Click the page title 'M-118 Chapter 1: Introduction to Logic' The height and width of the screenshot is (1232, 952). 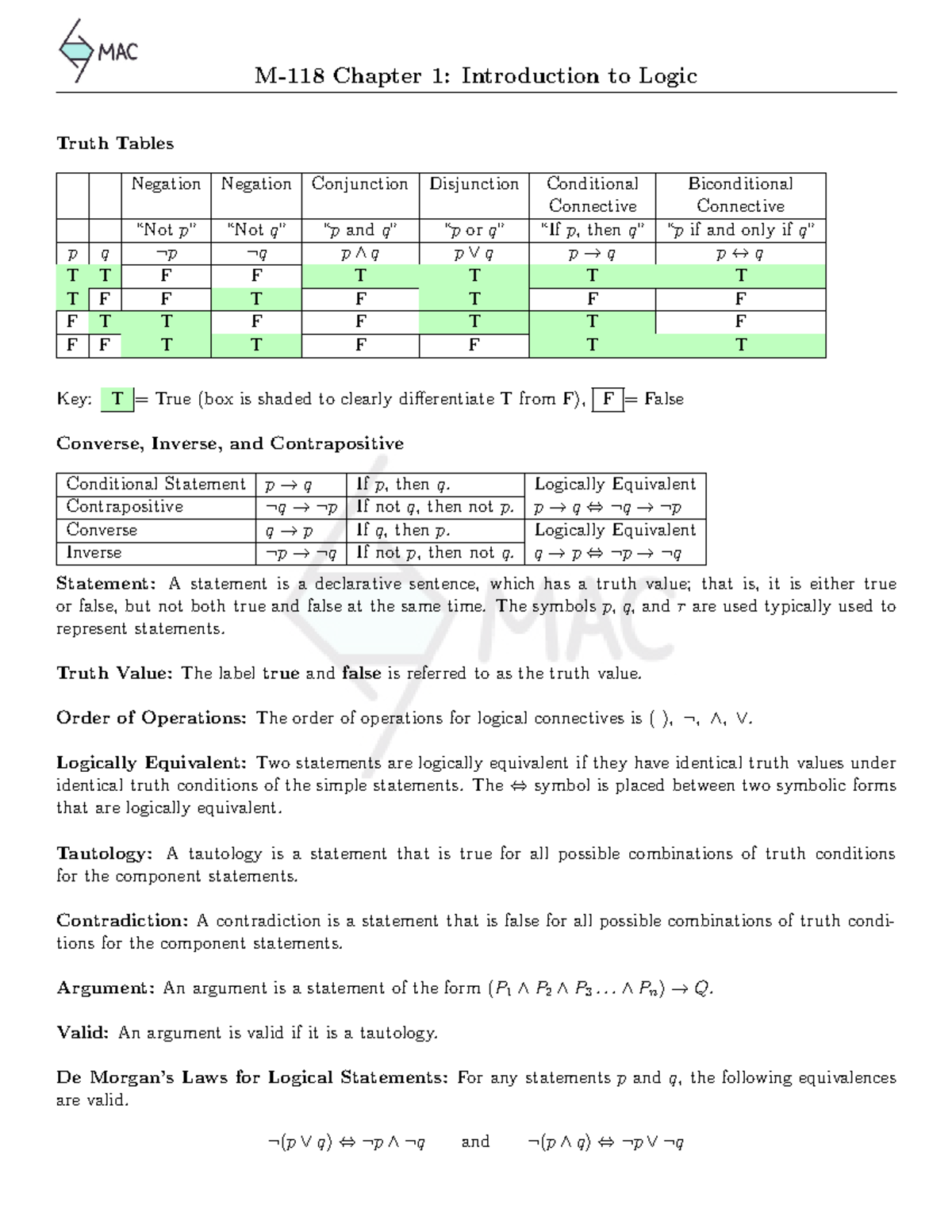(x=475, y=76)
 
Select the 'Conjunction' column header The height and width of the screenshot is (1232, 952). (x=359, y=184)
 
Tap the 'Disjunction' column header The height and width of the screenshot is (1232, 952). (x=474, y=184)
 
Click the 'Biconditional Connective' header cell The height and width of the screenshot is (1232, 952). (x=740, y=194)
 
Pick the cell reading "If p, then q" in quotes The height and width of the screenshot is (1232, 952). (x=592, y=230)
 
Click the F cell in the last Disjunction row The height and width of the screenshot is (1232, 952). (x=474, y=345)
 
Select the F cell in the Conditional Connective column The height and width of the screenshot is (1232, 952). (x=592, y=299)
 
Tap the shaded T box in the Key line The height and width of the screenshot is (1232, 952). (x=117, y=399)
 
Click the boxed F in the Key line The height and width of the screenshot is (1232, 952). (x=608, y=399)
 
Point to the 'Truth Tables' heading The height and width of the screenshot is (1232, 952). (x=115, y=144)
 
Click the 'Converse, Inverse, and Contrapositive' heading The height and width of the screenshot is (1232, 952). (x=229, y=443)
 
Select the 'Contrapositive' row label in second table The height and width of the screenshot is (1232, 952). (x=125, y=507)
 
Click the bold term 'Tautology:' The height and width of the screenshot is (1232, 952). (x=104, y=854)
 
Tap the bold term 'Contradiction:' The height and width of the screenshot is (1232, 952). (x=122, y=921)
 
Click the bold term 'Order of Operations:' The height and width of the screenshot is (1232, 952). (x=152, y=718)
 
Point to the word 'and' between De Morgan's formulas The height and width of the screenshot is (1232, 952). (x=475, y=1142)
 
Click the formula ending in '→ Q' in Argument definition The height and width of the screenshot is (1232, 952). (x=601, y=988)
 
